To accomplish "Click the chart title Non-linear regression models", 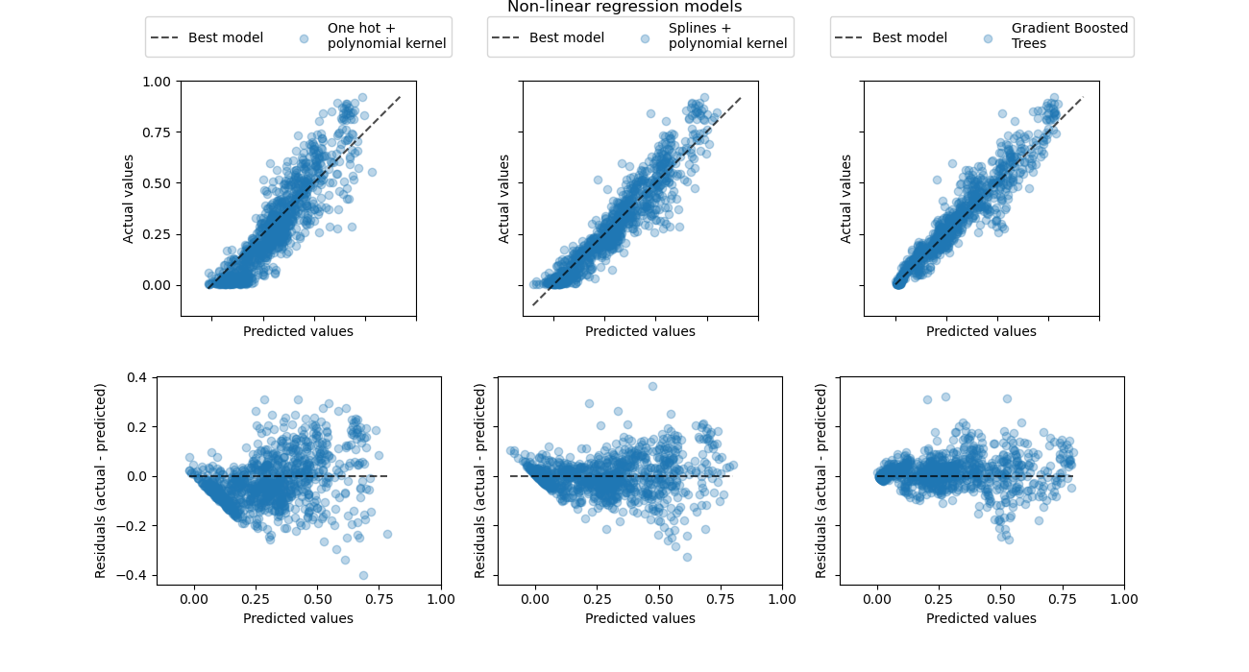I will click(624, 8).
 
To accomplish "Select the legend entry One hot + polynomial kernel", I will click(386, 36).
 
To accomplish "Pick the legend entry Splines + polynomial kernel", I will click(727, 36).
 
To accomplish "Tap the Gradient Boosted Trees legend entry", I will click(1069, 36).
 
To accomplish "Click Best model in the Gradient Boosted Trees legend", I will click(909, 37).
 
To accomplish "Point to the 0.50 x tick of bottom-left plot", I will click(318, 599).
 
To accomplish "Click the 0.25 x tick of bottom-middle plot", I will click(597, 599).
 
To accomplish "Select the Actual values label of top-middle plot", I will click(504, 198).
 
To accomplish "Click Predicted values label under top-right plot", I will click(981, 331).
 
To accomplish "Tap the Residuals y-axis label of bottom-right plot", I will click(821, 480).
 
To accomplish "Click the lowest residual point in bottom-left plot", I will click(363, 575).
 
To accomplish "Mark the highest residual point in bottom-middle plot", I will click(652, 386).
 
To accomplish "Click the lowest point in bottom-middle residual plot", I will click(687, 557).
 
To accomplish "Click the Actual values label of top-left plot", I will click(129, 198).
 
